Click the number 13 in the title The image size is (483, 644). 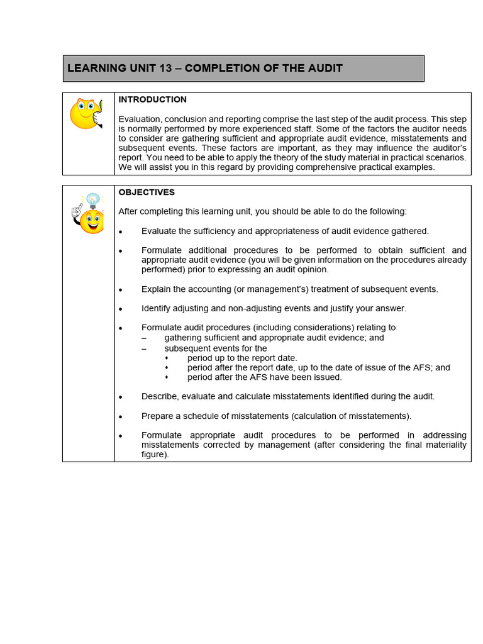pos(165,68)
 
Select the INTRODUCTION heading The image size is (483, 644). pos(152,99)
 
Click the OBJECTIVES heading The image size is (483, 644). pos(147,192)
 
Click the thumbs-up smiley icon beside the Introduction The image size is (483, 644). pos(87,114)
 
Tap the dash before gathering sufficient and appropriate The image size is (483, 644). pos(144,338)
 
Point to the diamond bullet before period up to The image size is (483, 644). pos(167,358)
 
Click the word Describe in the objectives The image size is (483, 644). pos(160,396)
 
